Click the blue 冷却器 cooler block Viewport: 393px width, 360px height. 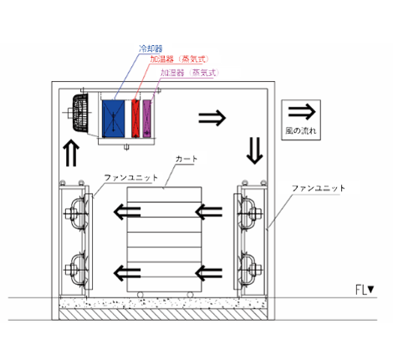113,119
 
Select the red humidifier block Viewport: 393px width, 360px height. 135,119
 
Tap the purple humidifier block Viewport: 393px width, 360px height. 147,119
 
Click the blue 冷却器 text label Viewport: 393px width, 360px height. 151,48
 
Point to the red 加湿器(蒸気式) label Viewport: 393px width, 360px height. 179,59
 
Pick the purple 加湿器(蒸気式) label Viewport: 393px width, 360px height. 190,73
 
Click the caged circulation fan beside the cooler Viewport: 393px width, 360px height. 79,113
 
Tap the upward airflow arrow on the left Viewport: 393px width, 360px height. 71,153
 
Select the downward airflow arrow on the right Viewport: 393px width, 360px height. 254,150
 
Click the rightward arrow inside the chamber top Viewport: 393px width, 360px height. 212,118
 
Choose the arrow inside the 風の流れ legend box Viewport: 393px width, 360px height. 302,111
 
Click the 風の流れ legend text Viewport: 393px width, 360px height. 301,130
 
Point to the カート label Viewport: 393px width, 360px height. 186,159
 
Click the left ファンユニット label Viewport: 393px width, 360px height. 131,177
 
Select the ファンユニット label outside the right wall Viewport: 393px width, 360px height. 319,188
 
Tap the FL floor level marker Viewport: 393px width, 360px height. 365,290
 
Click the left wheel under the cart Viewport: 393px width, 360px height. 140,295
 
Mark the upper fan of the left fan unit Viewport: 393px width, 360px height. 76,214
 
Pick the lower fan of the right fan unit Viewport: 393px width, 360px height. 248,270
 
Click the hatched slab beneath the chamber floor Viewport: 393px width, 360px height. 163,314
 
